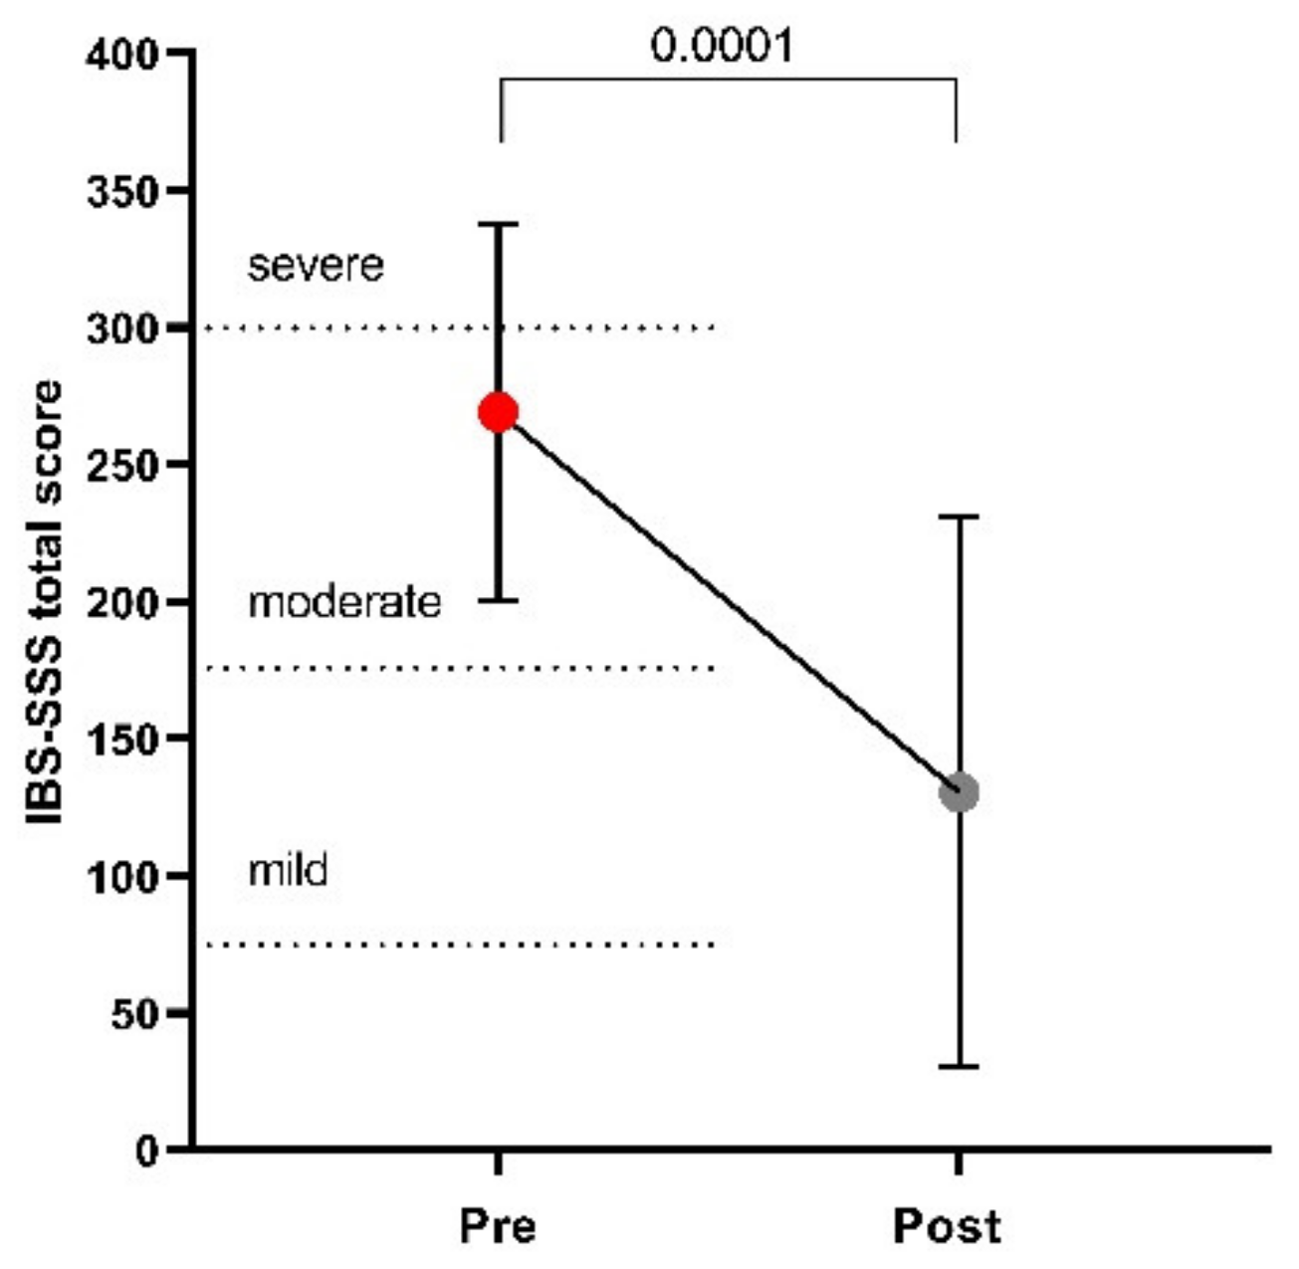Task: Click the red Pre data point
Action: [499, 412]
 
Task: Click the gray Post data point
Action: [959, 792]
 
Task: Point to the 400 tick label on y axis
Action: [122, 54]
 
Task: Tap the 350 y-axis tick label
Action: [122, 191]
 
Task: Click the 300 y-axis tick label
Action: [122, 328]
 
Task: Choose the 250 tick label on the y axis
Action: [122, 465]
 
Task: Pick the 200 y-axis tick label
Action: [122, 602]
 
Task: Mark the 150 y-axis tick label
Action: [122, 740]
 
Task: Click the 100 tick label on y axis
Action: [122, 877]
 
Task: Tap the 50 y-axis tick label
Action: [134, 1013]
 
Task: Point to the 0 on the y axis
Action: [147, 1151]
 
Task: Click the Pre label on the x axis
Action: [498, 1226]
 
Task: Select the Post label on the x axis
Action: [947, 1226]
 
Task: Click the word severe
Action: [316, 266]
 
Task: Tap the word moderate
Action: [343, 603]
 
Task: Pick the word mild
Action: [288, 871]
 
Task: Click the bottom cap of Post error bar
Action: [959, 1066]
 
